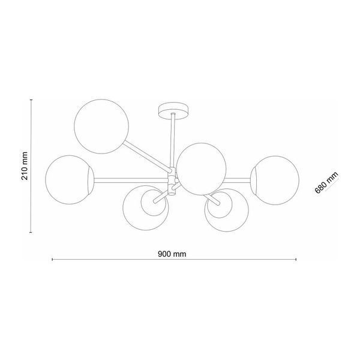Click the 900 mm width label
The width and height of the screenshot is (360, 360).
coord(172,254)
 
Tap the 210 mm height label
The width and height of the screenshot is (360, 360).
coord(25,166)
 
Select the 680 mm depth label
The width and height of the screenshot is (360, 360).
coord(326,183)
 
